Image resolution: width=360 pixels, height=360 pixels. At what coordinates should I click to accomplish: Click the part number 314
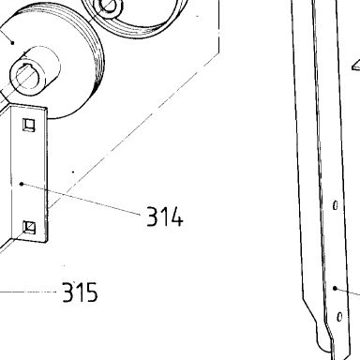(x=165, y=217)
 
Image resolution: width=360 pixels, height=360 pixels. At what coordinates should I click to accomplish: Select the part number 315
(x=81, y=292)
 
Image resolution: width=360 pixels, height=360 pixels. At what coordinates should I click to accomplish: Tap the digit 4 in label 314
(x=176, y=217)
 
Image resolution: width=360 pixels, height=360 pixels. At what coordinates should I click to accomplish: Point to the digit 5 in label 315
(x=91, y=292)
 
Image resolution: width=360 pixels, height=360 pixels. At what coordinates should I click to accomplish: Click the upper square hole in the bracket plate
(x=29, y=125)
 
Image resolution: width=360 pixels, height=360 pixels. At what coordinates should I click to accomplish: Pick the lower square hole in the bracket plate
(x=29, y=227)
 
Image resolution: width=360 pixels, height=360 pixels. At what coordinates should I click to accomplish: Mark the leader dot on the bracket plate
(x=22, y=184)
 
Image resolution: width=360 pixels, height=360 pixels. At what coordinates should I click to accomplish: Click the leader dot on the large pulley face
(x=12, y=42)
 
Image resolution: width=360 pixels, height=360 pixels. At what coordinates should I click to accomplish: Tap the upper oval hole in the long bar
(x=336, y=205)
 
